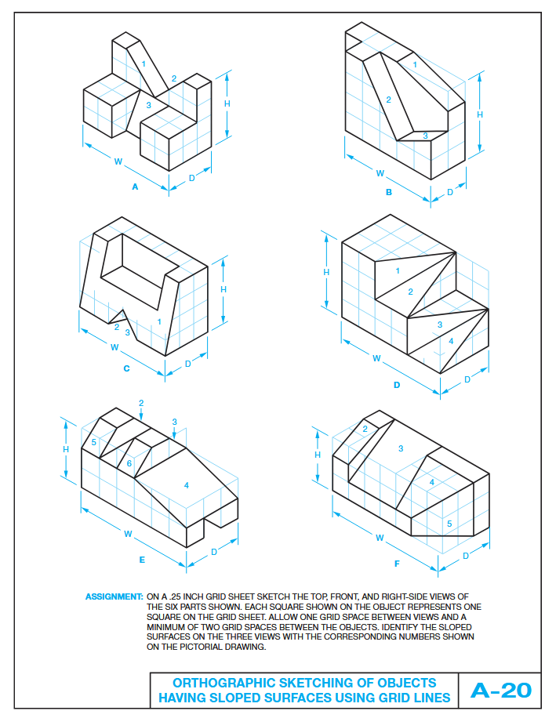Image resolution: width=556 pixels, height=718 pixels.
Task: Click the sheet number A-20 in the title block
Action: (x=500, y=690)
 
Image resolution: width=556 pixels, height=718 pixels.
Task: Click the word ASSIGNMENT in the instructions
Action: (x=114, y=597)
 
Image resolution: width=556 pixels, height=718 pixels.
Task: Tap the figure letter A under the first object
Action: (x=135, y=187)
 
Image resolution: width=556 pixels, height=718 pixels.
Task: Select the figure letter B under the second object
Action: (x=388, y=192)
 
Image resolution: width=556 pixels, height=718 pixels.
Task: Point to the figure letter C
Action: (x=126, y=368)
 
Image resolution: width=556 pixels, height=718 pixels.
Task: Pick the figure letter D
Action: (x=397, y=385)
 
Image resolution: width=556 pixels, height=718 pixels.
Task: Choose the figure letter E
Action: (x=142, y=560)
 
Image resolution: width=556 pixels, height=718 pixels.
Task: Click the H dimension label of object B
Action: (x=480, y=114)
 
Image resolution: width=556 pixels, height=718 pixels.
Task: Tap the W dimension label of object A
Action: (x=118, y=161)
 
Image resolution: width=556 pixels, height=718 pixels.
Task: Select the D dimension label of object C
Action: (x=187, y=363)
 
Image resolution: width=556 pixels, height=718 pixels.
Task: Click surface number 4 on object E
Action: (x=186, y=485)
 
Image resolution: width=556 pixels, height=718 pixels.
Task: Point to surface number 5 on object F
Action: (x=449, y=523)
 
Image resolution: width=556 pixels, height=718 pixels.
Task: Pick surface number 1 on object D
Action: (x=398, y=271)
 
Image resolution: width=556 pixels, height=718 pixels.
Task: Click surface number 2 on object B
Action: (x=388, y=99)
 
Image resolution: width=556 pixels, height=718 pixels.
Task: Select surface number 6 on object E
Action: (x=129, y=463)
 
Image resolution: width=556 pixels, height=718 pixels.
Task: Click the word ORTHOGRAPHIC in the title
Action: (x=214, y=683)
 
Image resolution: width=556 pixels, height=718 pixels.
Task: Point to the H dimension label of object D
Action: (x=326, y=271)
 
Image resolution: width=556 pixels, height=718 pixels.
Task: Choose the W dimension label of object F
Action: (x=380, y=538)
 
